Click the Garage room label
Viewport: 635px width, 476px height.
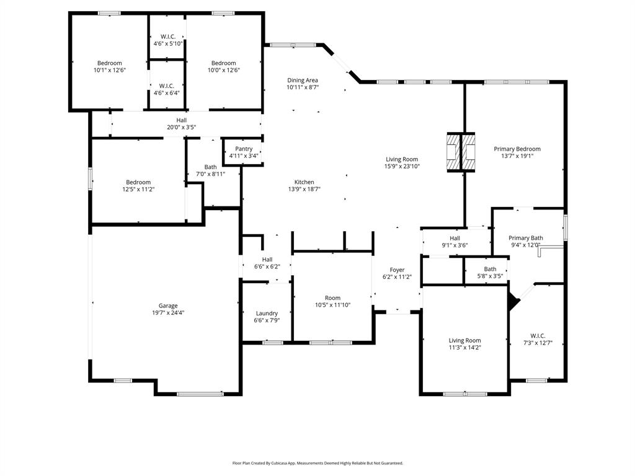click(x=168, y=306)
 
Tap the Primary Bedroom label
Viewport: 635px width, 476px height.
click(x=517, y=149)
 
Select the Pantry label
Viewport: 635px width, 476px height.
click(x=244, y=149)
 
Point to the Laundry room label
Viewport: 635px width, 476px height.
click(x=267, y=313)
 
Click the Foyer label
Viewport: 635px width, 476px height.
click(x=397, y=270)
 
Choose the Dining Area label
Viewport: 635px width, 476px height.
click(x=303, y=80)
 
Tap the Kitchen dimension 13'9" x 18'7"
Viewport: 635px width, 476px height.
click(x=304, y=189)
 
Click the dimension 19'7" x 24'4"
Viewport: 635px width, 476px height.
click(x=168, y=313)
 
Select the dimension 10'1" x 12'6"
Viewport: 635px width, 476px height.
click(x=109, y=70)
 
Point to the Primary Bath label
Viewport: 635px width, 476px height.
click(x=526, y=238)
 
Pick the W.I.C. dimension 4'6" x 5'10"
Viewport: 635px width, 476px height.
click(x=167, y=43)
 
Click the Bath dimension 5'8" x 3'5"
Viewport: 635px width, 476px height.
click(x=490, y=276)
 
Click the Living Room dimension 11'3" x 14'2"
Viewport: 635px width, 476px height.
click(x=465, y=348)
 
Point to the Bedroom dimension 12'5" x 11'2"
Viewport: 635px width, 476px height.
click(x=138, y=189)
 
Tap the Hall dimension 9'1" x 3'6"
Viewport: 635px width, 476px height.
click(x=455, y=245)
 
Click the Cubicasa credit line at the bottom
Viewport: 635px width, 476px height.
click(x=317, y=463)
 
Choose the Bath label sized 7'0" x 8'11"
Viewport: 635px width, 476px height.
click(x=211, y=167)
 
